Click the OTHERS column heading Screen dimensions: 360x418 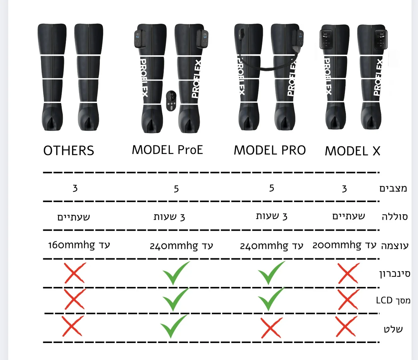[x=69, y=151]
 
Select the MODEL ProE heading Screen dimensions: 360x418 [x=167, y=150]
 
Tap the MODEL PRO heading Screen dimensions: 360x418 [x=269, y=150]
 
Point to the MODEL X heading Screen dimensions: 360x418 [x=352, y=151]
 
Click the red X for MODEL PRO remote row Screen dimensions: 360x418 [x=271, y=328]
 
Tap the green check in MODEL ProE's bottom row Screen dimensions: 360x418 [x=174, y=326]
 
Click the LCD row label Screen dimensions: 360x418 [x=393, y=300]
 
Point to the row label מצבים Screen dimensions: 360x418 [x=393, y=188]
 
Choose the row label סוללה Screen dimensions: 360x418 [x=395, y=217]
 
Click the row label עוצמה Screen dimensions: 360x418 [x=394, y=246]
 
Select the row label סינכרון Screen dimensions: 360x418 [x=395, y=274]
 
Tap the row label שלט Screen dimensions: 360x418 [x=393, y=329]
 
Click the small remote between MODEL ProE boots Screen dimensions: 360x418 [x=171, y=100]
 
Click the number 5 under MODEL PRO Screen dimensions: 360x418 [x=272, y=188]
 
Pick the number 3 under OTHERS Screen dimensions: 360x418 [x=75, y=188]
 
